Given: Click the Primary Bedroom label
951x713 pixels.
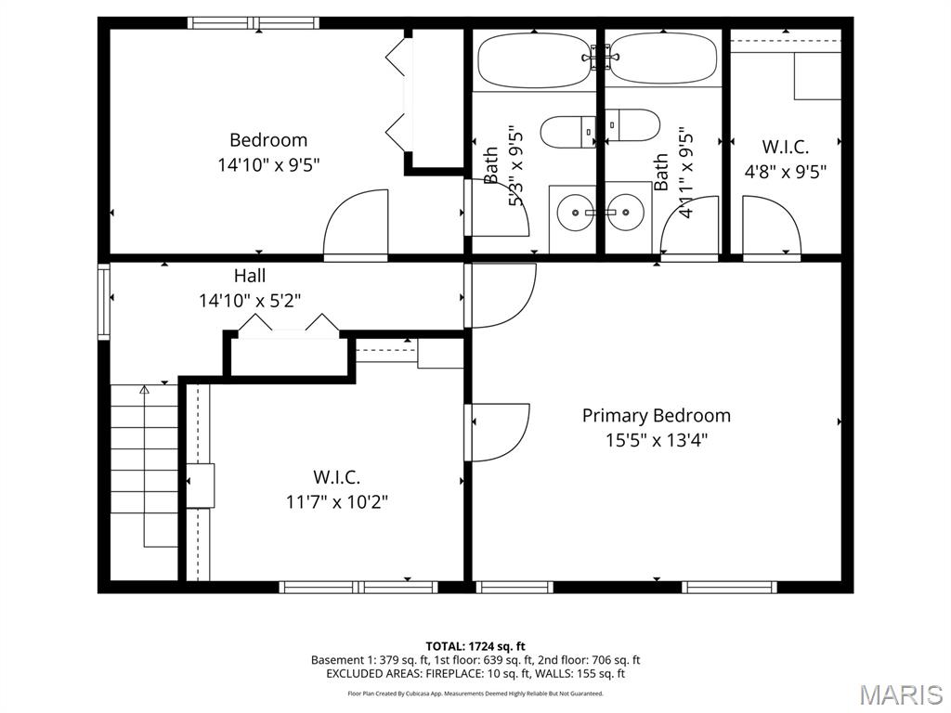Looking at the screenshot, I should pos(656,415).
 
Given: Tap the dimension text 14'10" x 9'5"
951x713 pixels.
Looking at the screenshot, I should pos(268,165).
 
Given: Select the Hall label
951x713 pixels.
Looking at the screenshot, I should pos(250,276).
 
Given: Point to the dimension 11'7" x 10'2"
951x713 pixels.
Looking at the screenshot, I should pos(336,501).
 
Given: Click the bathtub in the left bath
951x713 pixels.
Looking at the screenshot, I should pos(534,60).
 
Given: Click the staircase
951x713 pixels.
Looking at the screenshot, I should pos(144,464).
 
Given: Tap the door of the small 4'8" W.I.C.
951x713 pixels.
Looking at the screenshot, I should pos(771,227).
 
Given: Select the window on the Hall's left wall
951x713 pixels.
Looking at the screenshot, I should pos(104,302).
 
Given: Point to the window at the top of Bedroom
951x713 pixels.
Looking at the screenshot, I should pos(254,23).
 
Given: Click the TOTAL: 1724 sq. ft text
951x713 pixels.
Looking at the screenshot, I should pos(475,646).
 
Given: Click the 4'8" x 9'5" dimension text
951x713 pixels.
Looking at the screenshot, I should pos(787,171).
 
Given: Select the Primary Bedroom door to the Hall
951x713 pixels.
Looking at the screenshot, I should pos(500,295).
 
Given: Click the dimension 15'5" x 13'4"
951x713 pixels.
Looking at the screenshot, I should pos(656,440).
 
